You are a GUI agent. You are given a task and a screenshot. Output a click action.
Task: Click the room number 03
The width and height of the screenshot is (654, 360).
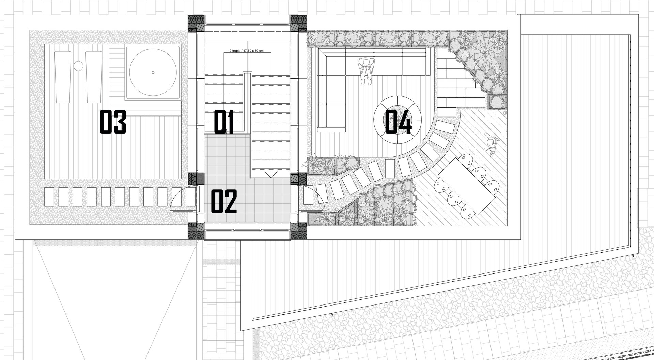tap(113, 122)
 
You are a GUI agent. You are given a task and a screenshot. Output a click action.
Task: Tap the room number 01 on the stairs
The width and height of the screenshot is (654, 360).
tap(224, 122)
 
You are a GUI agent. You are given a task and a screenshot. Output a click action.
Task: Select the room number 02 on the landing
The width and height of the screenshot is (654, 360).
tap(224, 202)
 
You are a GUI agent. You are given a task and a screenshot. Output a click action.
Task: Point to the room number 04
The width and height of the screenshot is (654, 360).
tap(398, 122)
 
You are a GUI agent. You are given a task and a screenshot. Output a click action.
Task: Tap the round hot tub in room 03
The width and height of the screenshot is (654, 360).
tap(153, 72)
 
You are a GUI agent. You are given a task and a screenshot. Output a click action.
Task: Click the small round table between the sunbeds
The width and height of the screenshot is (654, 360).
tap(78, 65)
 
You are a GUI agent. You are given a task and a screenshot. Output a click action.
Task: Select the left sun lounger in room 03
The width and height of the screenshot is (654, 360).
tap(63, 77)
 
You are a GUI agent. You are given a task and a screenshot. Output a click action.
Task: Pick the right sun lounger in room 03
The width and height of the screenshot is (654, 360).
tap(94, 77)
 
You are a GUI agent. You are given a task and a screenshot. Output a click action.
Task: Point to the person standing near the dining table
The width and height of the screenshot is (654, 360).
tap(491, 144)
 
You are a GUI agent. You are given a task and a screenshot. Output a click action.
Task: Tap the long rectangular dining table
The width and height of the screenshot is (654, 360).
tap(467, 186)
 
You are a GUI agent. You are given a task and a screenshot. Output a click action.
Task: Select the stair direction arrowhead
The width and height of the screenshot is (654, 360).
tap(271, 175)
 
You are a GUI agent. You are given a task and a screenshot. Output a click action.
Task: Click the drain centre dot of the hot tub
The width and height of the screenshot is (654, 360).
tap(153, 72)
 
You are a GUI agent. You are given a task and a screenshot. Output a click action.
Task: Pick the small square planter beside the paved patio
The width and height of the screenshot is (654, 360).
tap(497, 102)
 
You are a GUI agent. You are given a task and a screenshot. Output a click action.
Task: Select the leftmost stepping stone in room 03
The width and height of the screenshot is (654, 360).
tap(50, 197)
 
